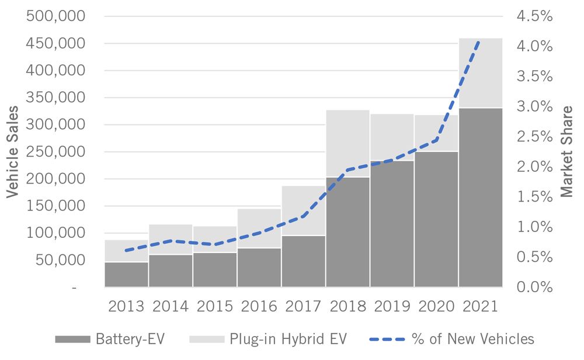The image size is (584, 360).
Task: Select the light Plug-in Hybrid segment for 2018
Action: (347, 143)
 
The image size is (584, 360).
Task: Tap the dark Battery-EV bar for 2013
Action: (126, 275)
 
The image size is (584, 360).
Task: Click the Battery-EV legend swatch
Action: (72, 339)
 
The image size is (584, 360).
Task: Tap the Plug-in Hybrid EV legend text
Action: (288, 339)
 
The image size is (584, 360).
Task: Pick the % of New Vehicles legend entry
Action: (452, 339)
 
